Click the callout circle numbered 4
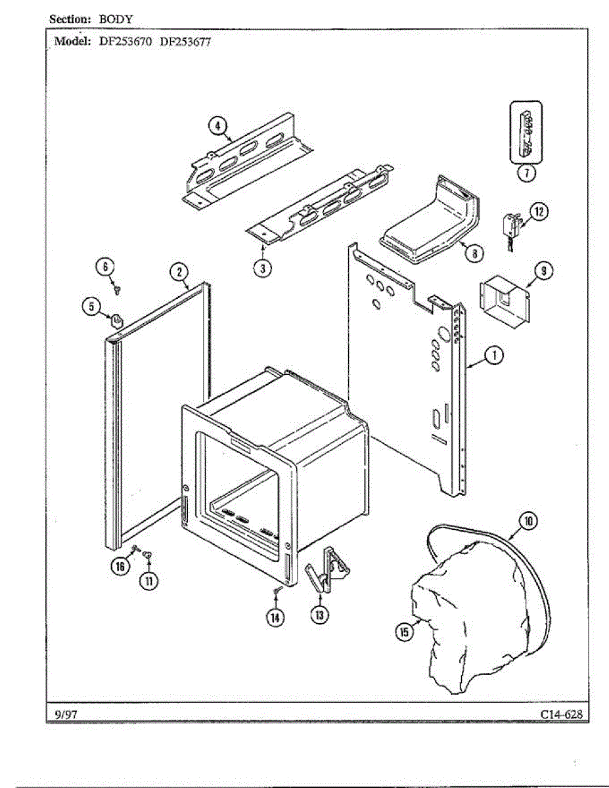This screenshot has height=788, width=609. pos(218,125)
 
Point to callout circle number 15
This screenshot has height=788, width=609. pos(403,632)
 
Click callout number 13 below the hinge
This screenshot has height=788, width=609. pos(319,615)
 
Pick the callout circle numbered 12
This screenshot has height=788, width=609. pos(539,211)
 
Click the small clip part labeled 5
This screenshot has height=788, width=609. pos(117,320)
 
